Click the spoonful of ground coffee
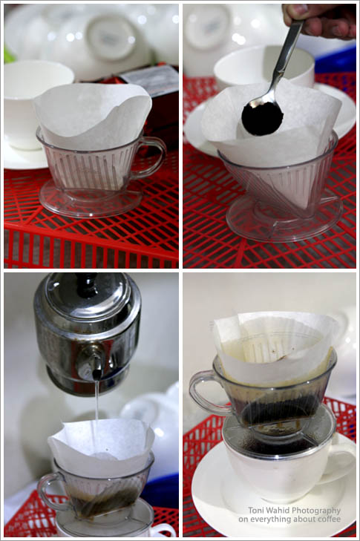[262, 118]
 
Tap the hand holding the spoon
[319, 20]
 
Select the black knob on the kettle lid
[86, 285]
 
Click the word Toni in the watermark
[256, 511]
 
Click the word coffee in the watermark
[330, 519]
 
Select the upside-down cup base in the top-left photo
[110, 36]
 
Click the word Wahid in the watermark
[276, 511]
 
